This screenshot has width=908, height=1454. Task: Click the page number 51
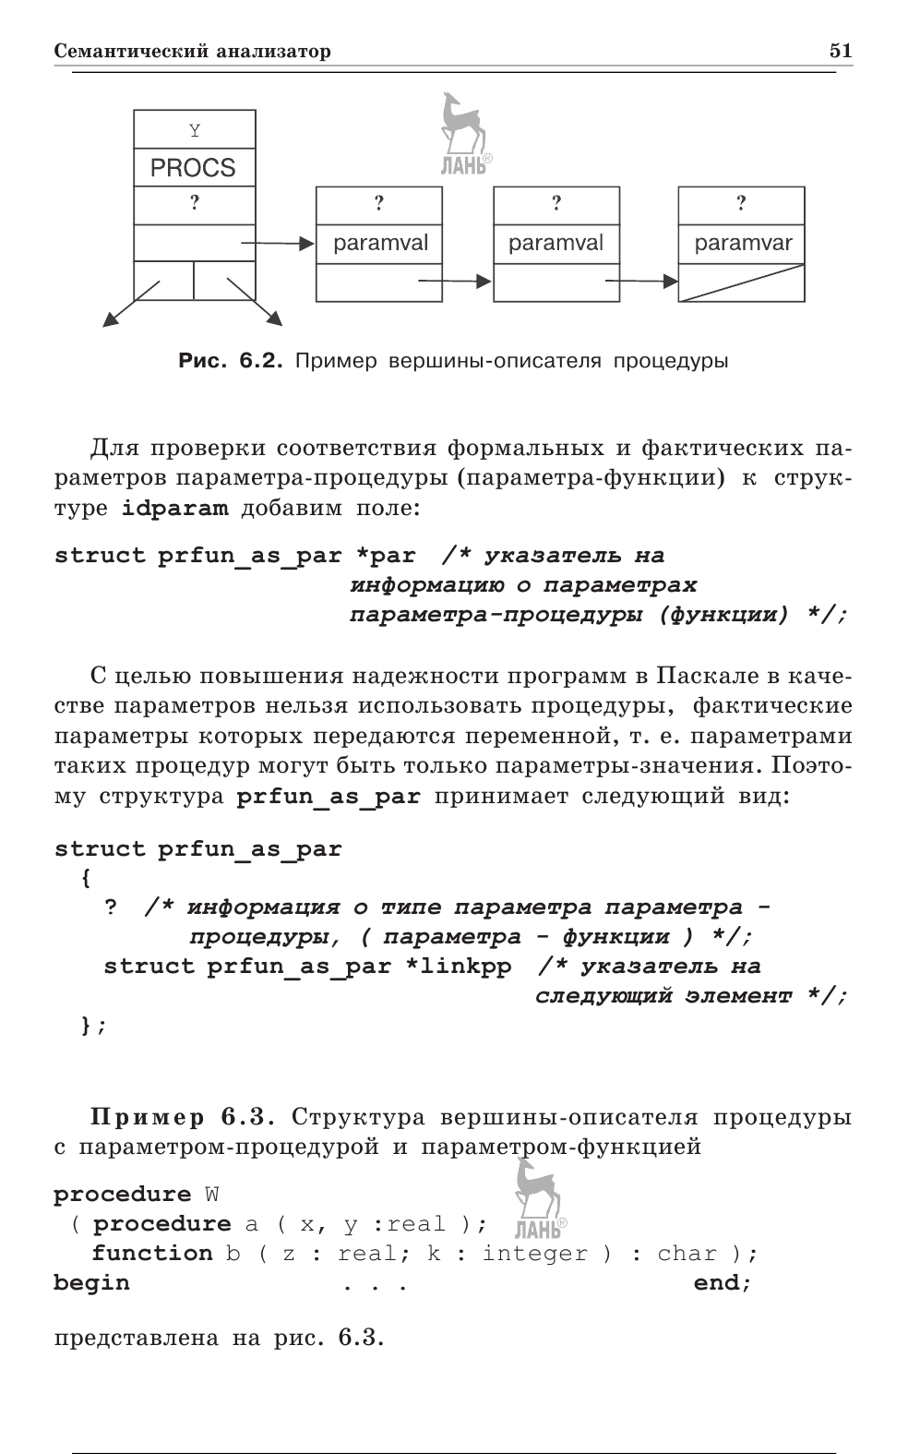[840, 51]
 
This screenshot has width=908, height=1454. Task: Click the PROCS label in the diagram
[193, 168]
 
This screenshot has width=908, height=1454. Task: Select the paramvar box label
[743, 243]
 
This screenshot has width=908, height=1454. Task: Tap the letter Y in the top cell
[194, 130]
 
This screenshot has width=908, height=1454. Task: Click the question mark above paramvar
[741, 202]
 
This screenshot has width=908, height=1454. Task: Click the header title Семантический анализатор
[193, 52]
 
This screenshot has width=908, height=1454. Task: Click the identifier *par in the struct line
[386, 556]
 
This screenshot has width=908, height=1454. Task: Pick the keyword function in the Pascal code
[152, 1254]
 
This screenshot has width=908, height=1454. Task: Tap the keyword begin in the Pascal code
[91, 1283]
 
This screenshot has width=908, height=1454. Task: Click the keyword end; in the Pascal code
[723, 1283]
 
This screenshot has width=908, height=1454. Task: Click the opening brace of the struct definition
[86, 878]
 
